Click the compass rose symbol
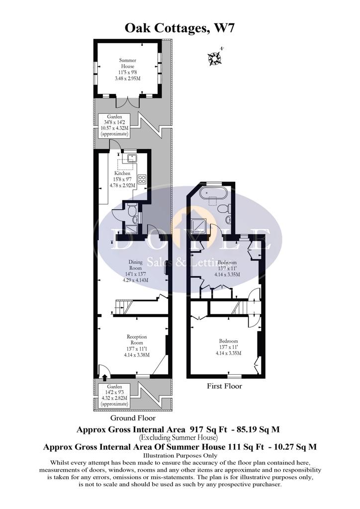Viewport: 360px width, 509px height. [x=215, y=58]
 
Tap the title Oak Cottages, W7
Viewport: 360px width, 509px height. [x=180, y=28]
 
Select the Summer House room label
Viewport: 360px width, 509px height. [x=127, y=63]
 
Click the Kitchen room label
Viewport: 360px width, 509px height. [x=122, y=173]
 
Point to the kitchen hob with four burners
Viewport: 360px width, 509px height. [x=142, y=179]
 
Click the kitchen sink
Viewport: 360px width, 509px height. [x=132, y=159]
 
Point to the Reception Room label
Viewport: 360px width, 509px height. [x=137, y=339]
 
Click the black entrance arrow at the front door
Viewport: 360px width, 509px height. [x=104, y=377]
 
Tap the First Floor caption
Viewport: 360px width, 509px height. [x=225, y=386]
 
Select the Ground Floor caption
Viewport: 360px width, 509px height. [x=133, y=418]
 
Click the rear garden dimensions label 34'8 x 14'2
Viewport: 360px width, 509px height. [x=114, y=122]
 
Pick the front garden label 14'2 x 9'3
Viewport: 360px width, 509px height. [x=114, y=393]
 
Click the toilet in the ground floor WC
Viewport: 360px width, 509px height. [x=132, y=211]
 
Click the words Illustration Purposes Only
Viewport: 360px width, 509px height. [x=180, y=455]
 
